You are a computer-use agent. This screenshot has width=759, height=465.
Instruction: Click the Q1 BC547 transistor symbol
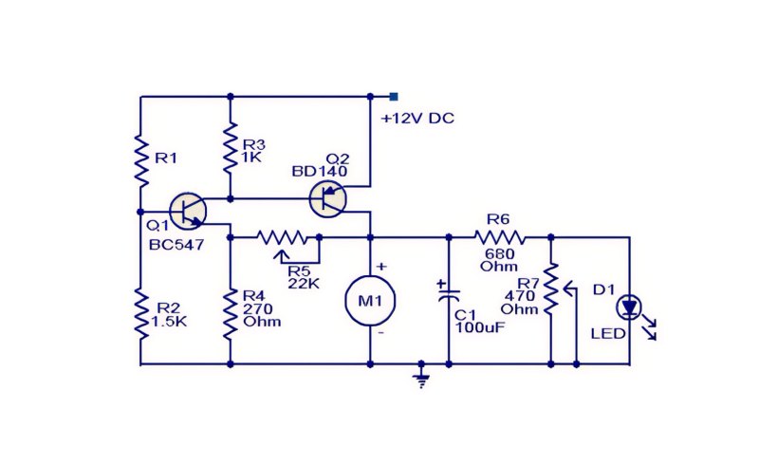point(188,212)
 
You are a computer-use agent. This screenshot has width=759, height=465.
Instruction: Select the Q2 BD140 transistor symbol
point(327,198)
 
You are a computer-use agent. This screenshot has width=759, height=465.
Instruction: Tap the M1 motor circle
point(370,301)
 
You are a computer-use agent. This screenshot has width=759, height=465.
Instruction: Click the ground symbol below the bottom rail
point(421,378)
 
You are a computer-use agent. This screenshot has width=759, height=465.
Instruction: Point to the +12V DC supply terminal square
point(394,97)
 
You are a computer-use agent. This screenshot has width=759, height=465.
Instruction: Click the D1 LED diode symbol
point(629,307)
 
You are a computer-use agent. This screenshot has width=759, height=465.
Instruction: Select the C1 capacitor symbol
point(449,292)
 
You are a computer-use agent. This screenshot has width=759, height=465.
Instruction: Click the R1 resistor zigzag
point(140,161)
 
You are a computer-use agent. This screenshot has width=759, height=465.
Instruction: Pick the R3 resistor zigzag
point(231,148)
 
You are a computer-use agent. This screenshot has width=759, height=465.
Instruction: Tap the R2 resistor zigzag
point(140,314)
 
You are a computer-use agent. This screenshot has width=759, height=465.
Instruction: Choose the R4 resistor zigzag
point(231,314)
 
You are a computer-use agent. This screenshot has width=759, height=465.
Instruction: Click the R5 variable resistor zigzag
point(282,237)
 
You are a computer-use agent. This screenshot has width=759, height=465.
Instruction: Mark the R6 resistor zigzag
point(500,237)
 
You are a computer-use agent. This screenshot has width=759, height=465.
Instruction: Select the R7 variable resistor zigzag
point(551,288)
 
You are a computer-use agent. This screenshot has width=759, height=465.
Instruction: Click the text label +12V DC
point(417,119)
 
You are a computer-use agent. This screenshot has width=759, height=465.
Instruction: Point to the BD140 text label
point(320,172)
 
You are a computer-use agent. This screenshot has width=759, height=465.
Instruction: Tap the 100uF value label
point(480,327)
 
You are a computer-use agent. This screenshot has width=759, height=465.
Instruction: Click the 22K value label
point(304,284)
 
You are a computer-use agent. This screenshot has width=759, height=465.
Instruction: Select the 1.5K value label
point(169,321)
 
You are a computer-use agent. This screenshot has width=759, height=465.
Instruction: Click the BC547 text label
point(176,245)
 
